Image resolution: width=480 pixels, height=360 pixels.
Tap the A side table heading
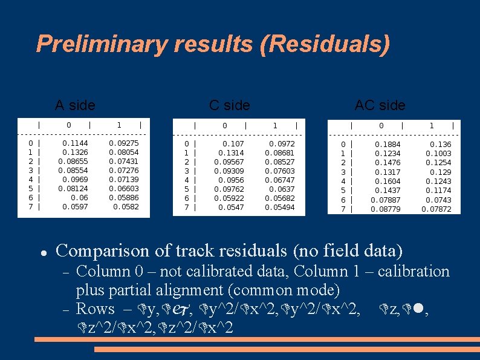pyautogui.click(x=75, y=105)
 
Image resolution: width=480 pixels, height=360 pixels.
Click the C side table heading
pyautogui.click(x=229, y=105)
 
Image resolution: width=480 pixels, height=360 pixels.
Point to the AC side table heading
pyautogui.click(x=380, y=105)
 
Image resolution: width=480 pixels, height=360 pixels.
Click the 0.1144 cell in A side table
pyautogui.click(x=74, y=143)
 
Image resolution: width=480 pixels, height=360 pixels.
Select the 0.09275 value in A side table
pyautogui.click(x=124, y=143)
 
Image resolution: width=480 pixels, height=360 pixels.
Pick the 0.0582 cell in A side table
pyautogui.click(x=126, y=207)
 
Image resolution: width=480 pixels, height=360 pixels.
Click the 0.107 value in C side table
pyautogui.click(x=233, y=144)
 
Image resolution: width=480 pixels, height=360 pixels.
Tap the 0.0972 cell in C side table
pyautogui.click(x=282, y=144)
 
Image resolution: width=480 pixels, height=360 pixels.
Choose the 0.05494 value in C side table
pyautogui.click(x=280, y=208)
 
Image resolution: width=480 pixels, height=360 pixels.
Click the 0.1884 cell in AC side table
pyautogui.click(x=388, y=145)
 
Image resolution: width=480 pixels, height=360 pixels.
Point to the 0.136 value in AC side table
pyautogui.click(x=440, y=145)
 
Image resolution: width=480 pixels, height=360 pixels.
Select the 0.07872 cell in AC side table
pyautogui.click(x=436, y=209)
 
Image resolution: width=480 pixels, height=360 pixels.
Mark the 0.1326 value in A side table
pyautogui.click(x=74, y=152)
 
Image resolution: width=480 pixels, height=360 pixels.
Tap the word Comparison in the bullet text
pyautogui.click(x=99, y=250)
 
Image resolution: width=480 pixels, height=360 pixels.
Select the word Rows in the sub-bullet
pyautogui.click(x=96, y=309)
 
